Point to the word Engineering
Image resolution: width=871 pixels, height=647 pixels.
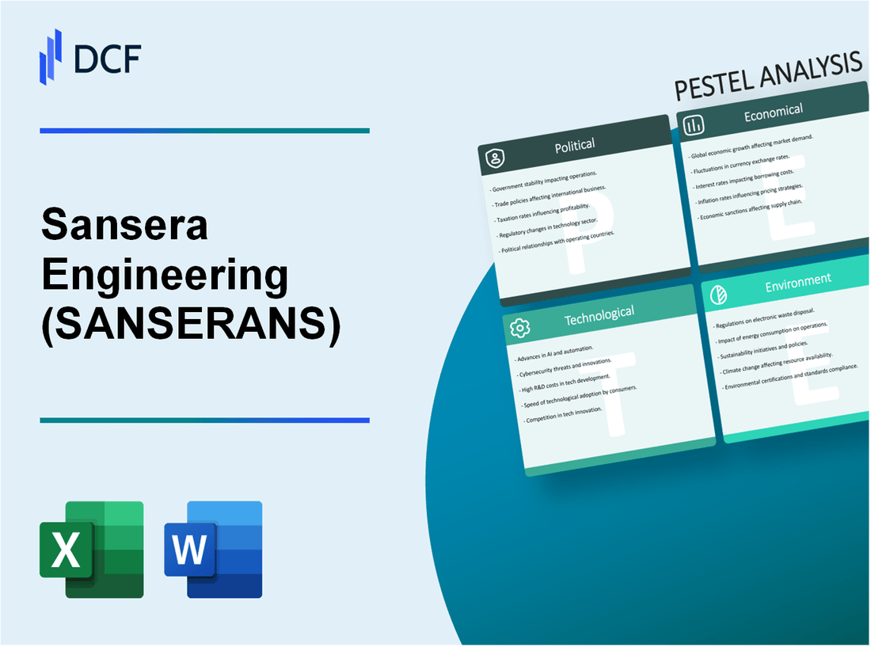point(164,276)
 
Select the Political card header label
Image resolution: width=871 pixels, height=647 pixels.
point(576,145)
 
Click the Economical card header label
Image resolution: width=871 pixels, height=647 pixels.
point(773,113)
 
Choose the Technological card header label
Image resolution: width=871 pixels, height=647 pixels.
point(599,314)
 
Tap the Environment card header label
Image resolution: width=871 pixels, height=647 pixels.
point(798,280)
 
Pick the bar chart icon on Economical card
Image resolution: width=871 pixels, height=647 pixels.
point(694,124)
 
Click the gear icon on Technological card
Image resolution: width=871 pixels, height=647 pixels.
point(520,328)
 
